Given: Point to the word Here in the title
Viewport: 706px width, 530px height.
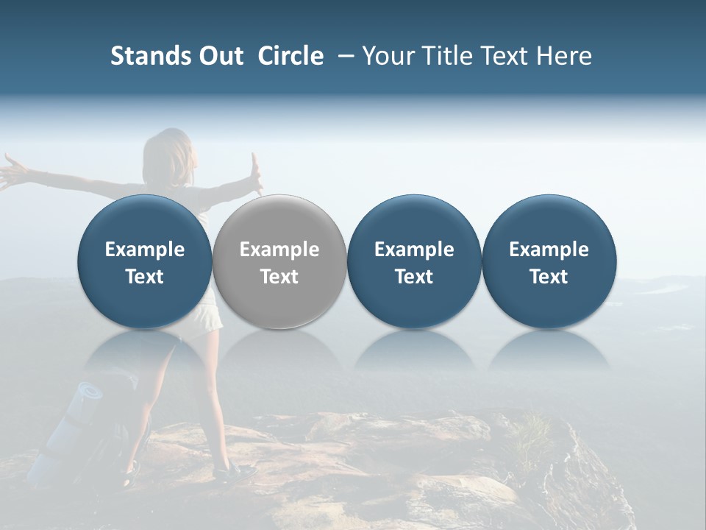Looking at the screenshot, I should pyautogui.click(x=563, y=56).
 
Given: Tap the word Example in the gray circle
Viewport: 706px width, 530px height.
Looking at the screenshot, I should pyautogui.click(x=279, y=250).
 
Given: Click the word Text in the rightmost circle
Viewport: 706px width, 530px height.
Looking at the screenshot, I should pyautogui.click(x=549, y=277).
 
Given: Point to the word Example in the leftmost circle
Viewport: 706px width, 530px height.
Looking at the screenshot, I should pyautogui.click(x=144, y=250).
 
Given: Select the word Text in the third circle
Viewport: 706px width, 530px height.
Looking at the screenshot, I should pyautogui.click(x=414, y=277).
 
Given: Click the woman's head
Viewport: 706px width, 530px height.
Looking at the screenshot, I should pyautogui.click(x=171, y=151).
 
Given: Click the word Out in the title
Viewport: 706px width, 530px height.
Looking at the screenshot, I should pyautogui.click(x=218, y=56).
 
